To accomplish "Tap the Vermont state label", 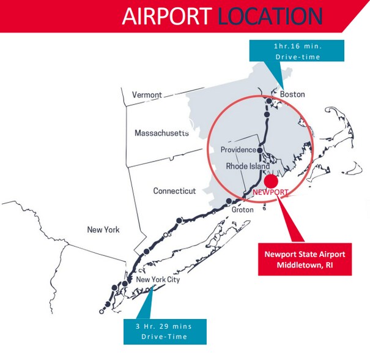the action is click(x=147, y=95).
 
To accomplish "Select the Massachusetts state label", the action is click(x=161, y=133).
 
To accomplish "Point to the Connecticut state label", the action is click(x=174, y=191).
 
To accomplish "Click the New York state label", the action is click(x=103, y=230).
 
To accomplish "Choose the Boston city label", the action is click(x=292, y=94).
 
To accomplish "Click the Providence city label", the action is click(x=238, y=150).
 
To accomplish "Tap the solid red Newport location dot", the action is click(x=272, y=181).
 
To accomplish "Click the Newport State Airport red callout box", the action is click(x=305, y=259).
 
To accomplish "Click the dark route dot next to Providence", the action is click(x=260, y=149).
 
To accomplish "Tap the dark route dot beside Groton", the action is click(x=229, y=201).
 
